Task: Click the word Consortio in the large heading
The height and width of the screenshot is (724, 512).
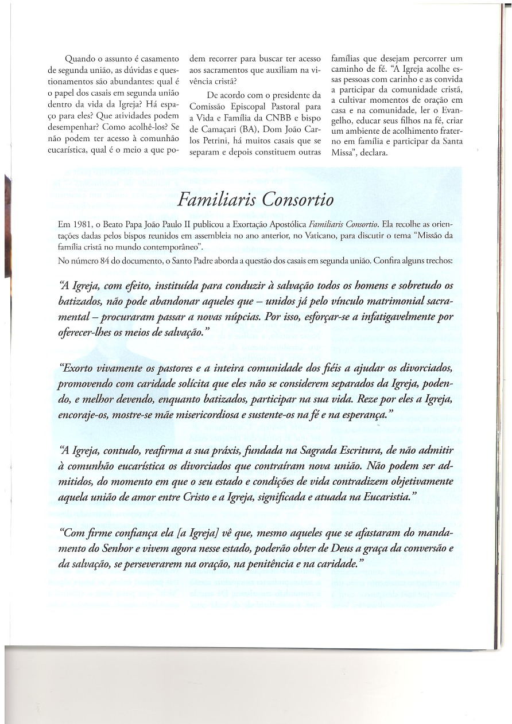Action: [x=296, y=200]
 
